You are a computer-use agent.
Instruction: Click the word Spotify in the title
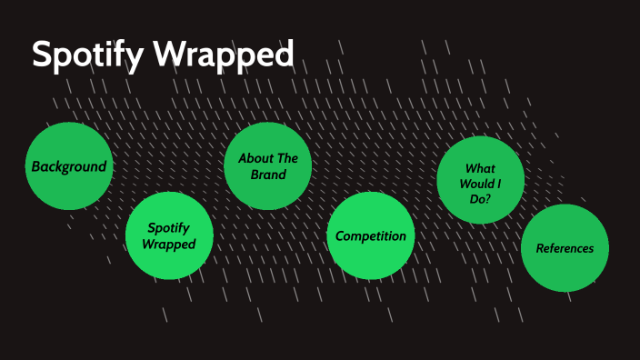tap(87, 55)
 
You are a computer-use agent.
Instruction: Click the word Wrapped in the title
tap(223, 55)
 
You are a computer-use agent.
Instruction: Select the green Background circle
tap(69, 166)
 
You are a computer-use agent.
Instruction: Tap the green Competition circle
tap(371, 235)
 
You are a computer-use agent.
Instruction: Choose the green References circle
tap(565, 248)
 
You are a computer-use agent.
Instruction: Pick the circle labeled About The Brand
tap(268, 165)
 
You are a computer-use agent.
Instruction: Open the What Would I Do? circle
tap(481, 180)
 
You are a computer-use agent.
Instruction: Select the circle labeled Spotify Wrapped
tap(169, 235)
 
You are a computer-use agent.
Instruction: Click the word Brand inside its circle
tap(268, 174)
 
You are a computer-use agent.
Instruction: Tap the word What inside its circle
tap(480, 168)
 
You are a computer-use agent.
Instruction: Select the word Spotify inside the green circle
tap(169, 228)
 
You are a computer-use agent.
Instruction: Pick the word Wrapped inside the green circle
tap(169, 244)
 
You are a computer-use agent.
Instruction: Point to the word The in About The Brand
tap(286, 158)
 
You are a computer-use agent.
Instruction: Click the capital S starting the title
tap(42, 55)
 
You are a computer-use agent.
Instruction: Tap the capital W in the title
tap(167, 55)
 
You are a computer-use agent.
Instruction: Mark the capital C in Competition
tap(340, 236)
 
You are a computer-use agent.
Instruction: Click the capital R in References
tap(540, 248)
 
